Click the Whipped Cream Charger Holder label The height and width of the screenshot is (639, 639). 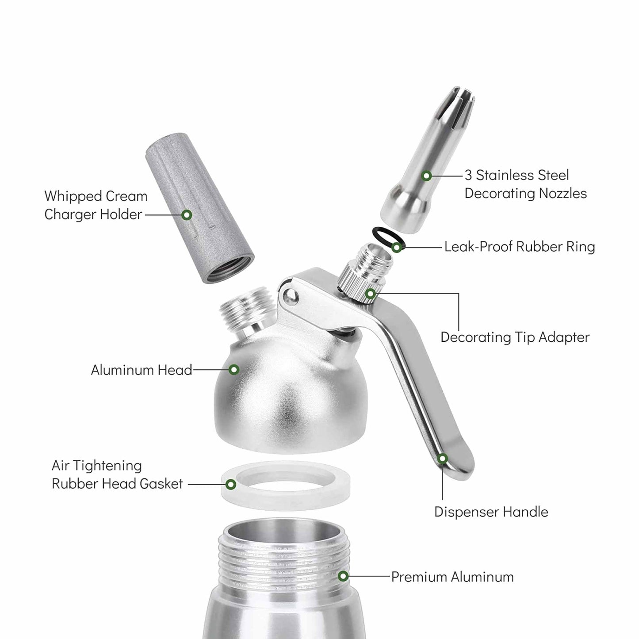point(96,205)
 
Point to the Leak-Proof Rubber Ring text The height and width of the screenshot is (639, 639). point(519,247)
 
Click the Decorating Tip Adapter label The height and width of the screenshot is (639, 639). point(515,337)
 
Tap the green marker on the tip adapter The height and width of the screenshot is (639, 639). point(371,294)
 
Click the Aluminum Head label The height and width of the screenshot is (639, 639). point(142,370)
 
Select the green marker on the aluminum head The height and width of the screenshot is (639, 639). point(234,370)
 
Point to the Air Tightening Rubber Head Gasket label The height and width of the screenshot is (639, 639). point(117,474)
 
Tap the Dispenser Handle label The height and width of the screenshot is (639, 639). point(491,512)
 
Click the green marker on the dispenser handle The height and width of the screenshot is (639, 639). point(442,459)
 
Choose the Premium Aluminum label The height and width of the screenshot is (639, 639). point(452,577)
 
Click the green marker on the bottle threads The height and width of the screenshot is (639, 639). point(343,576)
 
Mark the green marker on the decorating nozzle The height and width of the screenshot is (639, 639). point(426,176)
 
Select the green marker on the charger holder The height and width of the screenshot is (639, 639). point(187,215)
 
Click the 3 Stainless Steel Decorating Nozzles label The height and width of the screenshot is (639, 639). point(525,184)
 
